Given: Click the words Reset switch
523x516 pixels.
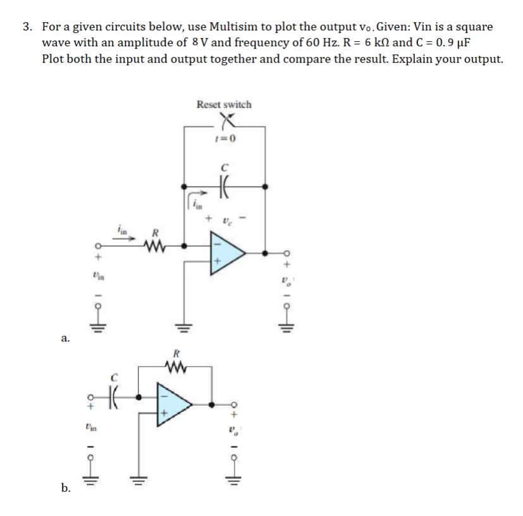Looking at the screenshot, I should pyautogui.click(x=224, y=104).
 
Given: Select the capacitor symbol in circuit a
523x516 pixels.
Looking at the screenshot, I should pyautogui.click(x=225, y=187).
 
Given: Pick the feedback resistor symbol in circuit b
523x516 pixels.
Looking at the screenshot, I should pyautogui.click(x=177, y=365).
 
